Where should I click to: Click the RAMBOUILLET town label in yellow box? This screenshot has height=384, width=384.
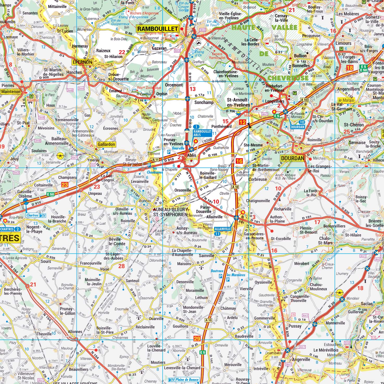point(157,29)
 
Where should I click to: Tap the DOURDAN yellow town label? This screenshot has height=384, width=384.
point(292,158)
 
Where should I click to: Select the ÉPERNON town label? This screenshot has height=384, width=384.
point(82,62)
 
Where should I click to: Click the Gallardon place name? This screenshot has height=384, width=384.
point(106,144)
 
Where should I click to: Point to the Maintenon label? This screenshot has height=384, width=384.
point(11,92)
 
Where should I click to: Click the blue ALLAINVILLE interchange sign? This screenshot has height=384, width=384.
point(223,229)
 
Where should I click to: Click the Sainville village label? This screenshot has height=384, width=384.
point(207,255)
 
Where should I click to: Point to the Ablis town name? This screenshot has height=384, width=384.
point(191,155)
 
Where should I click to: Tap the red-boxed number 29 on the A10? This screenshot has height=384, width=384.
point(197,339)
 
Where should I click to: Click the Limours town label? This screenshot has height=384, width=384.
point(343,43)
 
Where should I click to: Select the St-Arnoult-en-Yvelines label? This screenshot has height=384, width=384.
point(238,102)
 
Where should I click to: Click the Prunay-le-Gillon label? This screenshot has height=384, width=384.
point(67,311)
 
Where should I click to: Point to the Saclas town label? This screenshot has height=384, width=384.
point(367,304)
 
